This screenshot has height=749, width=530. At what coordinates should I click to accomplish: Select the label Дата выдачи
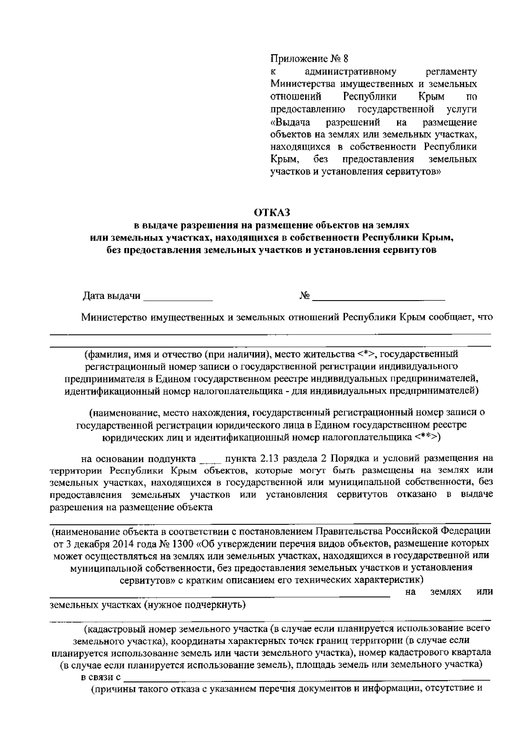(111, 296)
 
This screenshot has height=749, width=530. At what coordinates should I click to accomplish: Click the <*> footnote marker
(366, 354)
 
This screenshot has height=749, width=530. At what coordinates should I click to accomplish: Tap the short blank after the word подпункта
(208, 459)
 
